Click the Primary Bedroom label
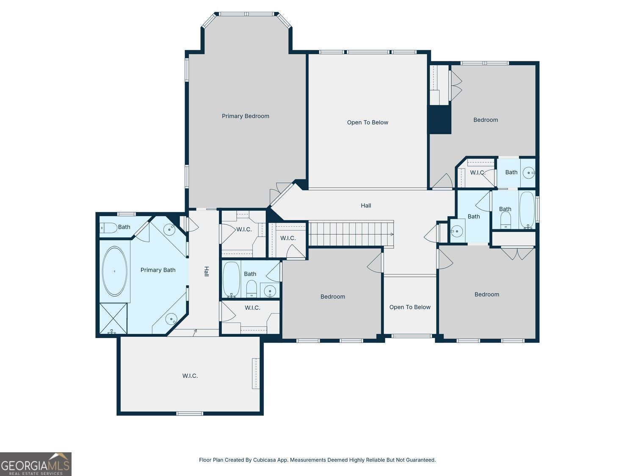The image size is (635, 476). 245,116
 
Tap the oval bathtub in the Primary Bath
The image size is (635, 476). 115,271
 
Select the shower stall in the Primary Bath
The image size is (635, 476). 113,318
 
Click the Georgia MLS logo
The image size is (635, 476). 36,464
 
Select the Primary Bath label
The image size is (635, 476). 158,270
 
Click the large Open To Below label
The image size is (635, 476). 367,123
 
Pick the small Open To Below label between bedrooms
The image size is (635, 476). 410,307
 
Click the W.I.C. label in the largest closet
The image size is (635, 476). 190,376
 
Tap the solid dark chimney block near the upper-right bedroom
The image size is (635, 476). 440,119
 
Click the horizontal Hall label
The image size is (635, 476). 366,206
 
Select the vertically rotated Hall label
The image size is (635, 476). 206,271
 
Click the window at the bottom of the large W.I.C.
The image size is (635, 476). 190,413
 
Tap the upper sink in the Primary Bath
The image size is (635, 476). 169,229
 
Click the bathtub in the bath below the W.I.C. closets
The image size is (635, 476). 232,279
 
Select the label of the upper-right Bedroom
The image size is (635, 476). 486,120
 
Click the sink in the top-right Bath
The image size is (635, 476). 529,173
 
